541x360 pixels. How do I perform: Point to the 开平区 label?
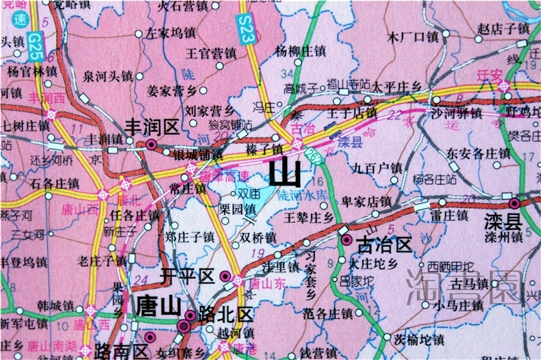[x=187, y=276]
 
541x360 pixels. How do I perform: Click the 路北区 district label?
[x=225, y=315]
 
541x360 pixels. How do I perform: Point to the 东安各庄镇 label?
[x=478, y=153]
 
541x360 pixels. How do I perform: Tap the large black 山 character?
[x=285, y=174]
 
